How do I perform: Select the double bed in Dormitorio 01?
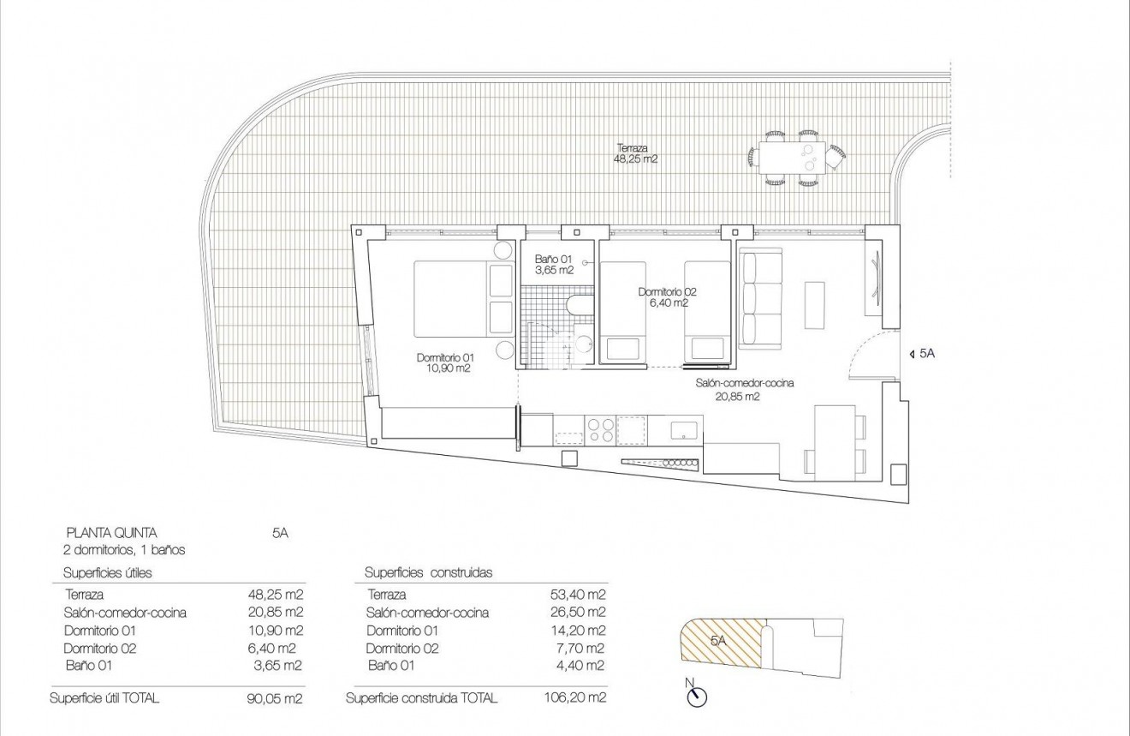tap(462, 299)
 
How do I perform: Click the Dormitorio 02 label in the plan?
tap(663, 296)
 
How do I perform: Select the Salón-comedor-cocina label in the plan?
tap(744, 389)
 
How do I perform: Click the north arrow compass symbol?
tap(697, 697)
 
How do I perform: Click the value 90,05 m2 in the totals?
tap(275, 697)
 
